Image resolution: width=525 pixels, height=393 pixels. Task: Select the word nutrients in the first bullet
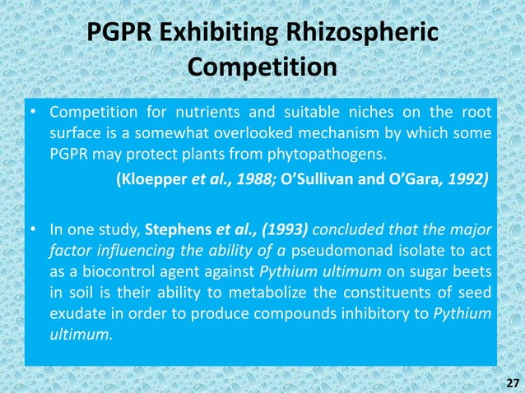pos(202,113)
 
